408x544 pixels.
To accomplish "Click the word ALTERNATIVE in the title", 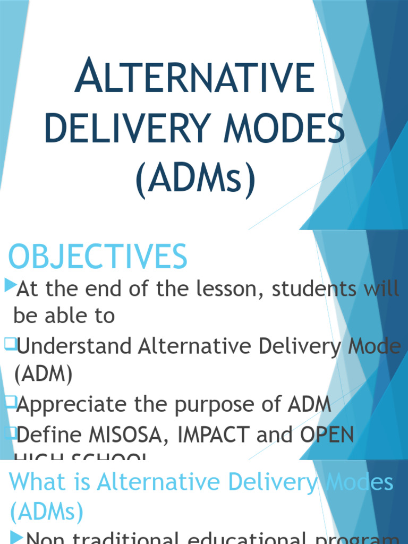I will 194,78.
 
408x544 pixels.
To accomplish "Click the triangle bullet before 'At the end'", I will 10,286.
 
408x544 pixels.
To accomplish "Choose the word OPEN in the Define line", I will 327,435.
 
